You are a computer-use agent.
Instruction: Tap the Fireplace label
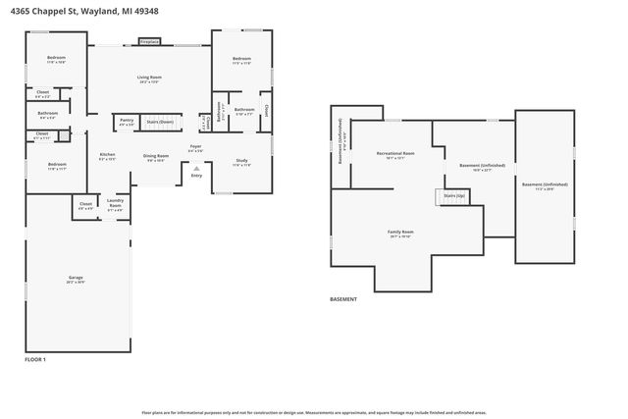[149, 42]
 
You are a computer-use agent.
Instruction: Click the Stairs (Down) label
[160, 122]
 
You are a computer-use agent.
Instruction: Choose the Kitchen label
[108, 156]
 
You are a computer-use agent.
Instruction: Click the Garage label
[76, 279]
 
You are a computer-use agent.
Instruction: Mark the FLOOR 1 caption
[35, 360]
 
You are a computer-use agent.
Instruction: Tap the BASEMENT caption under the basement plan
[343, 299]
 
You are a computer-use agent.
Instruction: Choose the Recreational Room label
[395, 155]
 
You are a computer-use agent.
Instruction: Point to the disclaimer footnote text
[313, 413]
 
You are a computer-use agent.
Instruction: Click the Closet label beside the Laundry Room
[86, 206]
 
